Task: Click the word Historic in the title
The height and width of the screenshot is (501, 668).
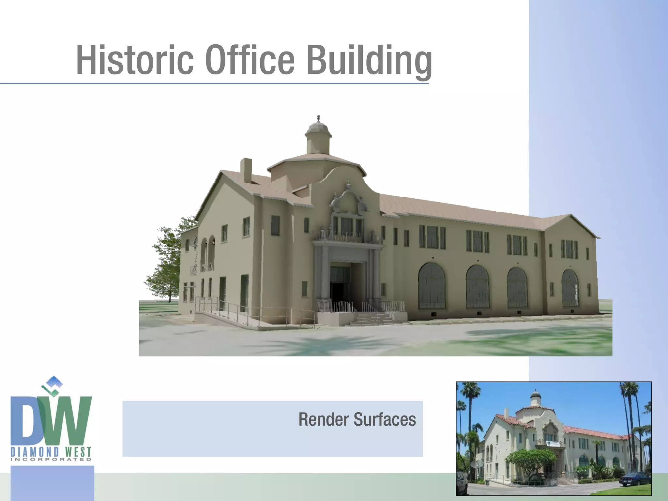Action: tap(135, 60)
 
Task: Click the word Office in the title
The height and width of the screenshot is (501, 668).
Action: tap(250, 60)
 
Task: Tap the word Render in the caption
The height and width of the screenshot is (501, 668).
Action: tap(324, 419)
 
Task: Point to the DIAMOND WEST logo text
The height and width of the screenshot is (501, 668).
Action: tap(51, 452)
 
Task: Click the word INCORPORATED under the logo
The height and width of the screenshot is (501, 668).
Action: tap(51, 460)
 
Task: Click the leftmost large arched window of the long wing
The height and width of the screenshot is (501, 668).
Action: tap(432, 286)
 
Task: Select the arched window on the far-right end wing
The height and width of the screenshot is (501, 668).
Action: tap(570, 288)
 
